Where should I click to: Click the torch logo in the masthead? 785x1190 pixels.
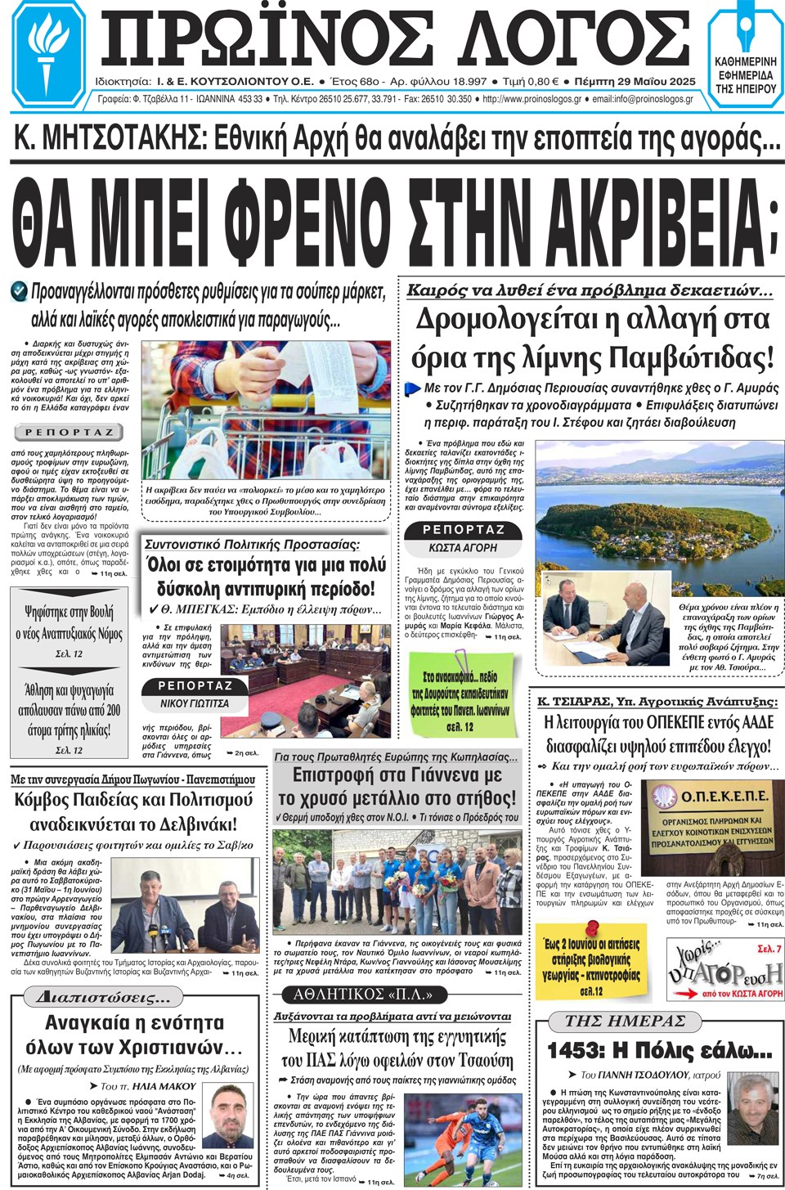49,54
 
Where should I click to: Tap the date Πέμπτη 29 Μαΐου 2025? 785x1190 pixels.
635,82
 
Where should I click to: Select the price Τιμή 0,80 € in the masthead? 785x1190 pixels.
531,82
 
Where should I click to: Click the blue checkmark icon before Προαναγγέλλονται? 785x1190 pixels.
19,290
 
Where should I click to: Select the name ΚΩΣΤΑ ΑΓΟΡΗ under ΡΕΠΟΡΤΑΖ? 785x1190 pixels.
463,547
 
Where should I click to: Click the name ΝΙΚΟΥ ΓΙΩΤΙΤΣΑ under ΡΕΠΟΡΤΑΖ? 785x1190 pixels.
195,703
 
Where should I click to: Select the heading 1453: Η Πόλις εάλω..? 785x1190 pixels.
659,1051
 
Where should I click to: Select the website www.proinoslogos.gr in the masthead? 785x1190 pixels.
532,99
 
